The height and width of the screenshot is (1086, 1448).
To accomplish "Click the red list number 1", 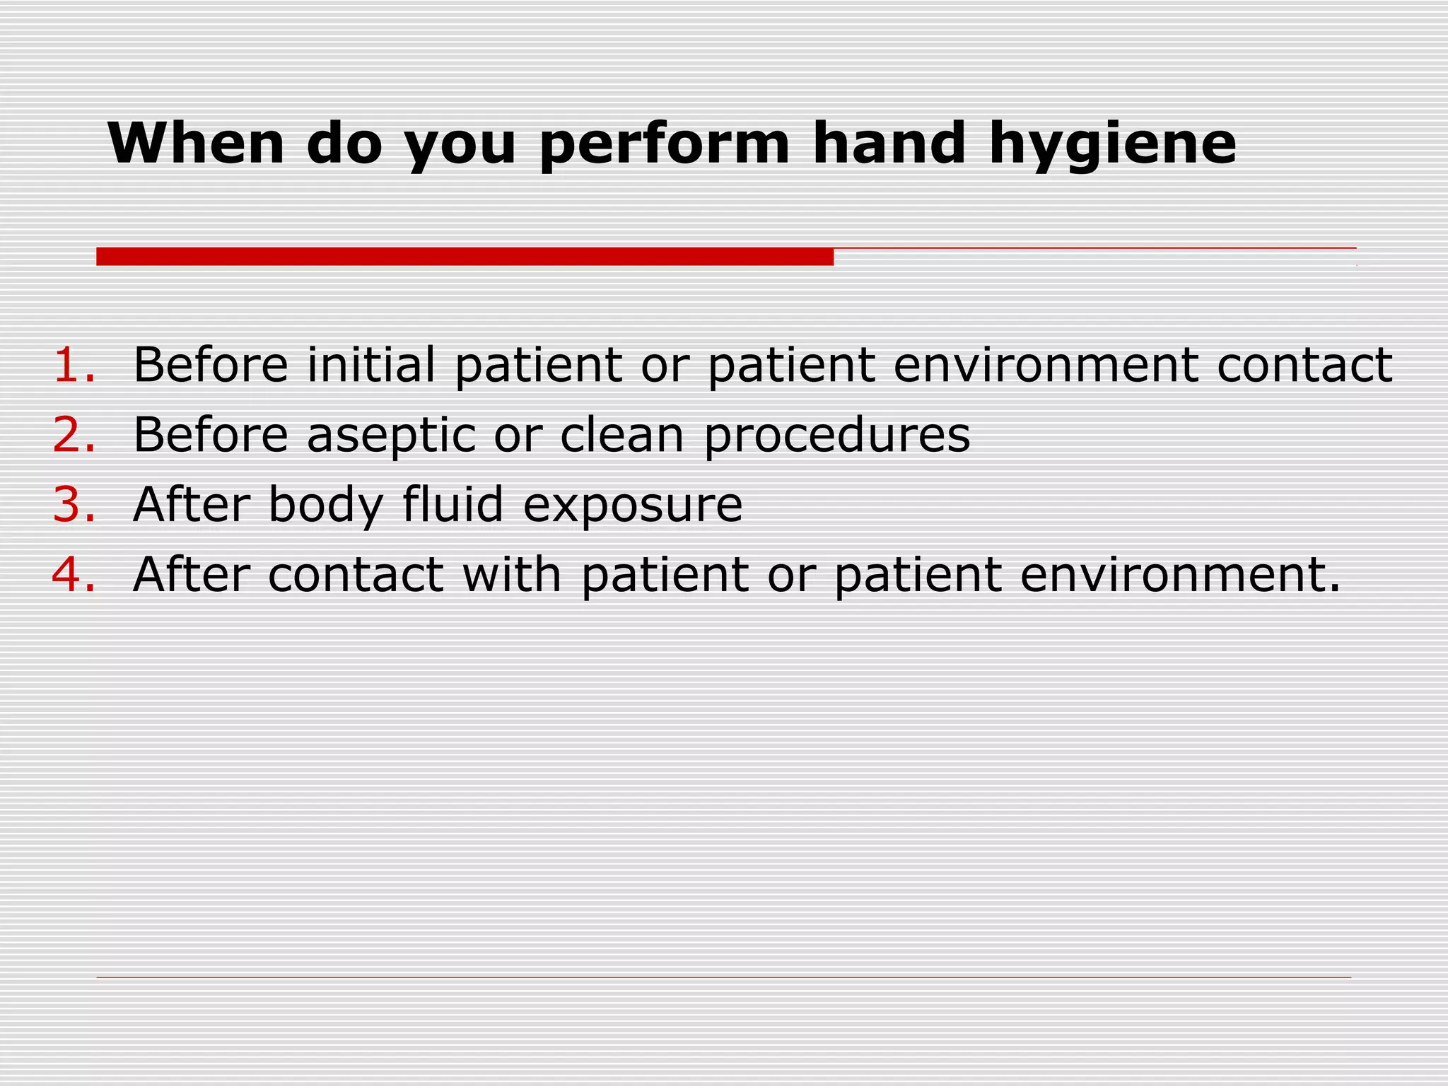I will click(x=73, y=365).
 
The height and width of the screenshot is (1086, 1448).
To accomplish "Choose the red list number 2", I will click(x=73, y=434).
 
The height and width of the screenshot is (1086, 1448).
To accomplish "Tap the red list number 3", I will click(x=73, y=504).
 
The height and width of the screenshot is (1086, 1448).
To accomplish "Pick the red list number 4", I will click(x=73, y=573).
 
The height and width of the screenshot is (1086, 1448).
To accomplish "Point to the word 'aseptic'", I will click(x=391, y=436).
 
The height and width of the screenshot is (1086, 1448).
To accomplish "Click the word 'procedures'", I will click(x=837, y=436).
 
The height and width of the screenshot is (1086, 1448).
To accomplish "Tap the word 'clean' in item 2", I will click(x=622, y=434).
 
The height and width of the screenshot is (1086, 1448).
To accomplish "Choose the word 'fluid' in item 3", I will click(x=453, y=504).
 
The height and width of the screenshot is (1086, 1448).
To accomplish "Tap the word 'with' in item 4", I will click(x=512, y=573).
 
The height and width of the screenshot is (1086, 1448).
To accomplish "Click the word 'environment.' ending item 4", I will click(x=1180, y=573).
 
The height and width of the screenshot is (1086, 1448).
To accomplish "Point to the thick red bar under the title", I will click(x=465, y=257).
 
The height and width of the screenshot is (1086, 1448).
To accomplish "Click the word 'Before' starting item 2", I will click(x=211, y=434).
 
